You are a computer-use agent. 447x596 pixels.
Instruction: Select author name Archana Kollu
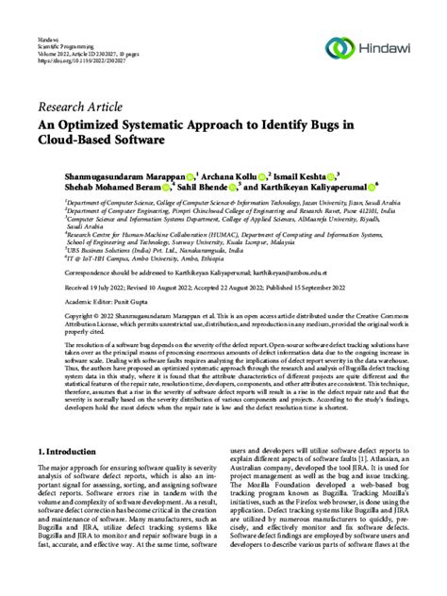point(230,174)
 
